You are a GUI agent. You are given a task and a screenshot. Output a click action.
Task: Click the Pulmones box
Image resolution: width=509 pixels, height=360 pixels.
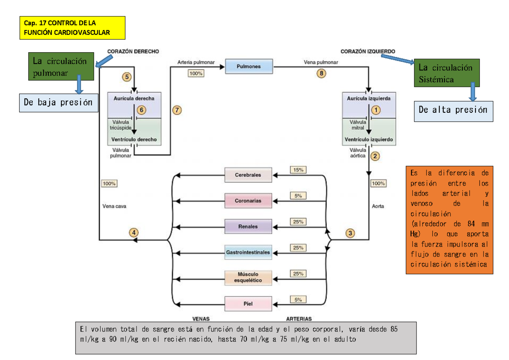coord(248,67)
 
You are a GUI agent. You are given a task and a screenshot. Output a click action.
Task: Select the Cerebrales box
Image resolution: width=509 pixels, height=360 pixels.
coord(248,175)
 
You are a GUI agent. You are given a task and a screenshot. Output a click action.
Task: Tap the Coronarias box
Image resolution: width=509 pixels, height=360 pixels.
coord(248,201)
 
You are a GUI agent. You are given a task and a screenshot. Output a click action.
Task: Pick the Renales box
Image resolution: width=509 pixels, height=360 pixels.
coord(248,226)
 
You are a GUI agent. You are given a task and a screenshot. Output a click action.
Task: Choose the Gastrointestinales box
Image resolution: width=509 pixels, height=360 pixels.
coord(248,252)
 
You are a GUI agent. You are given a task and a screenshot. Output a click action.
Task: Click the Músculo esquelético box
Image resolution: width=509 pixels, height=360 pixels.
coord(248,277)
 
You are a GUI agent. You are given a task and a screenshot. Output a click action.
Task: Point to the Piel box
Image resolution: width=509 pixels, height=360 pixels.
coord(248,304)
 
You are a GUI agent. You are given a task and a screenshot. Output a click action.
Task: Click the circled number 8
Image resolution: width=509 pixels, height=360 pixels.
coord(322,73)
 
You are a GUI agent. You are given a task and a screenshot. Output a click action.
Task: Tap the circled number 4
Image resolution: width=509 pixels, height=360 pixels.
coord(134,232)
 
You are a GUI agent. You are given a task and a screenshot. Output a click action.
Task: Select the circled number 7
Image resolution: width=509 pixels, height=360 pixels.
coord(177,110)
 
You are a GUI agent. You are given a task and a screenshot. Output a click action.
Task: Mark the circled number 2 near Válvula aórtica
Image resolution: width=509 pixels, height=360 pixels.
coord(375,156)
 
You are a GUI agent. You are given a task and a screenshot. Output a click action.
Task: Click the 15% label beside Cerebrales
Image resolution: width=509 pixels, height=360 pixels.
coord(298,170)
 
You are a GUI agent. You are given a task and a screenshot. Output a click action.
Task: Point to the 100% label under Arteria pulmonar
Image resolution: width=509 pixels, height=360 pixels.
coord(196,73)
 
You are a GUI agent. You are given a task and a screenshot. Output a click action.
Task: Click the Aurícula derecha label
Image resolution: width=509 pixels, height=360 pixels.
coord(134,98)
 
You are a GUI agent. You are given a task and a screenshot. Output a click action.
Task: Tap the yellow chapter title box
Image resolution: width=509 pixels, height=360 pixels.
coord(73,28)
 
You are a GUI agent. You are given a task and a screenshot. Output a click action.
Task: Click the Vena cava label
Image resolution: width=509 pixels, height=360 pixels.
coord(115,207)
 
